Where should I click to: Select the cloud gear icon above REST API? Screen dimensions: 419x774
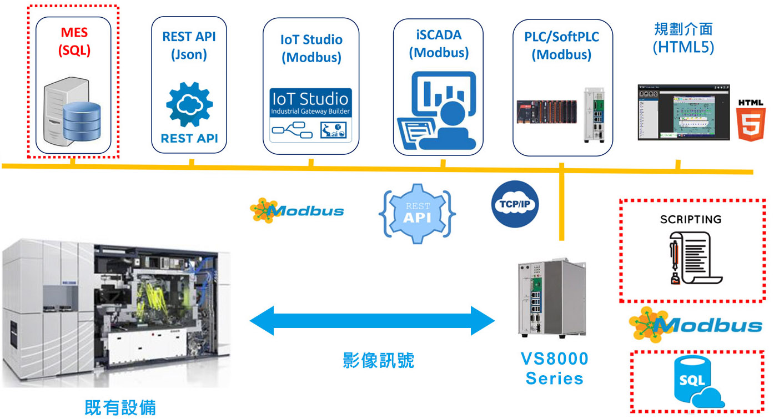(x=189, y=104)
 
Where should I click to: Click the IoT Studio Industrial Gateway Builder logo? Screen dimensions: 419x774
(x=310, y=114)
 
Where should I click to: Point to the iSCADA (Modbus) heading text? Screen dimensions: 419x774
(x=439, y=43)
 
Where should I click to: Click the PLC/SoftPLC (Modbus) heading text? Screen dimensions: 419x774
(x=561, y=46)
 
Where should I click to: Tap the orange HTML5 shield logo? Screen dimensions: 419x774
(x=751, y=119)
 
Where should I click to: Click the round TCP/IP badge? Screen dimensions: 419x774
(x=515, y=204)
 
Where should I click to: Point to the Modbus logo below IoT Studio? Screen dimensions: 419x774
(x=297, y=210)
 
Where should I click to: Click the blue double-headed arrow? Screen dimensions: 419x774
(x=372, y=320)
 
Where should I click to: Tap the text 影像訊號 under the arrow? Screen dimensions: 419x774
(x=378, y=361)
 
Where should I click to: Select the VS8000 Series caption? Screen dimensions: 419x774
(x=554, y=368)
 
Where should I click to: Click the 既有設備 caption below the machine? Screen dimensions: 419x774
(x=120, y=407)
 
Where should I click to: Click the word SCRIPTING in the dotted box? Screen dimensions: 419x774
(x=691, y=219)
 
